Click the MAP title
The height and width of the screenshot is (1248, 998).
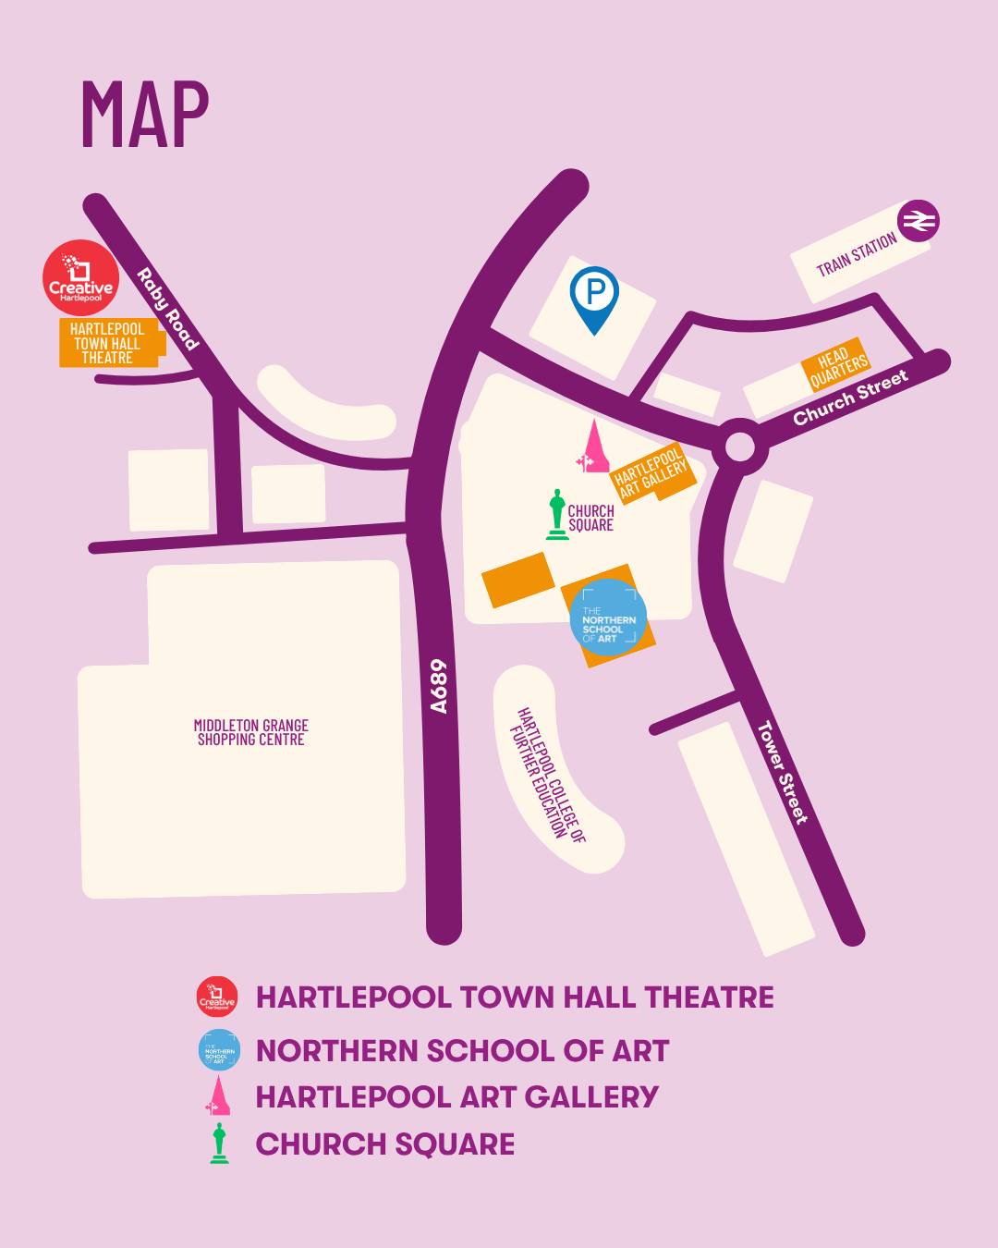click(145, 115)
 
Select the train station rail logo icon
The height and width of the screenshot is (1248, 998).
click(919, 222)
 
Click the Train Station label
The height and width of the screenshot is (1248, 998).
click(857, 254)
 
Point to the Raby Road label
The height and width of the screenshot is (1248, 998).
click(167, 310)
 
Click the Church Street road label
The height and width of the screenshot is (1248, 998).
click(850, 397)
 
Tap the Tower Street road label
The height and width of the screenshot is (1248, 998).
click(782, 772)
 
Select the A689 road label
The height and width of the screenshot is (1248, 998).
click(439, 686)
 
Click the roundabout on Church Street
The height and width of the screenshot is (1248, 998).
click(739, 447)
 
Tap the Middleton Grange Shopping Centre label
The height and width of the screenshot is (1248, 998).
click(250, 732)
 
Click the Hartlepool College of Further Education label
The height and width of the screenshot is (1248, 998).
click(550, 776)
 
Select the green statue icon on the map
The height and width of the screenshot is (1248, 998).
click(556, 514)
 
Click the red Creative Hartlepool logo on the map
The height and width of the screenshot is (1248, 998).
click(81, 277)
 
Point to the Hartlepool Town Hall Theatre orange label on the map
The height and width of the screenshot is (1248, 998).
click(108, 343)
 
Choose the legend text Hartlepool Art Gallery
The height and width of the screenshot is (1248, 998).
click(456, 1097)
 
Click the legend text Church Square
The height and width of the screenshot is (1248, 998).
click(384, 1144)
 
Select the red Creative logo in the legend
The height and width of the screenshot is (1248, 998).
click(217, 997)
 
